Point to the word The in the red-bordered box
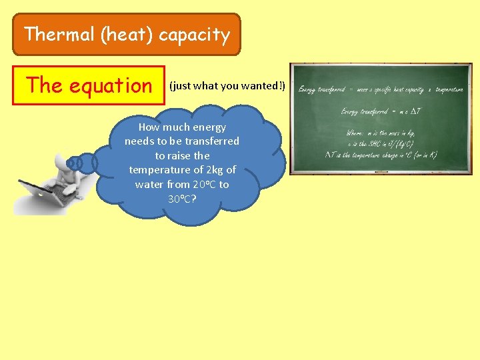[44, 85]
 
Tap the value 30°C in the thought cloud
[182, 199]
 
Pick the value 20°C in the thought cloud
[204, 185]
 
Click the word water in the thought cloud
[149, 185]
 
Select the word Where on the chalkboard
[355, 133]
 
